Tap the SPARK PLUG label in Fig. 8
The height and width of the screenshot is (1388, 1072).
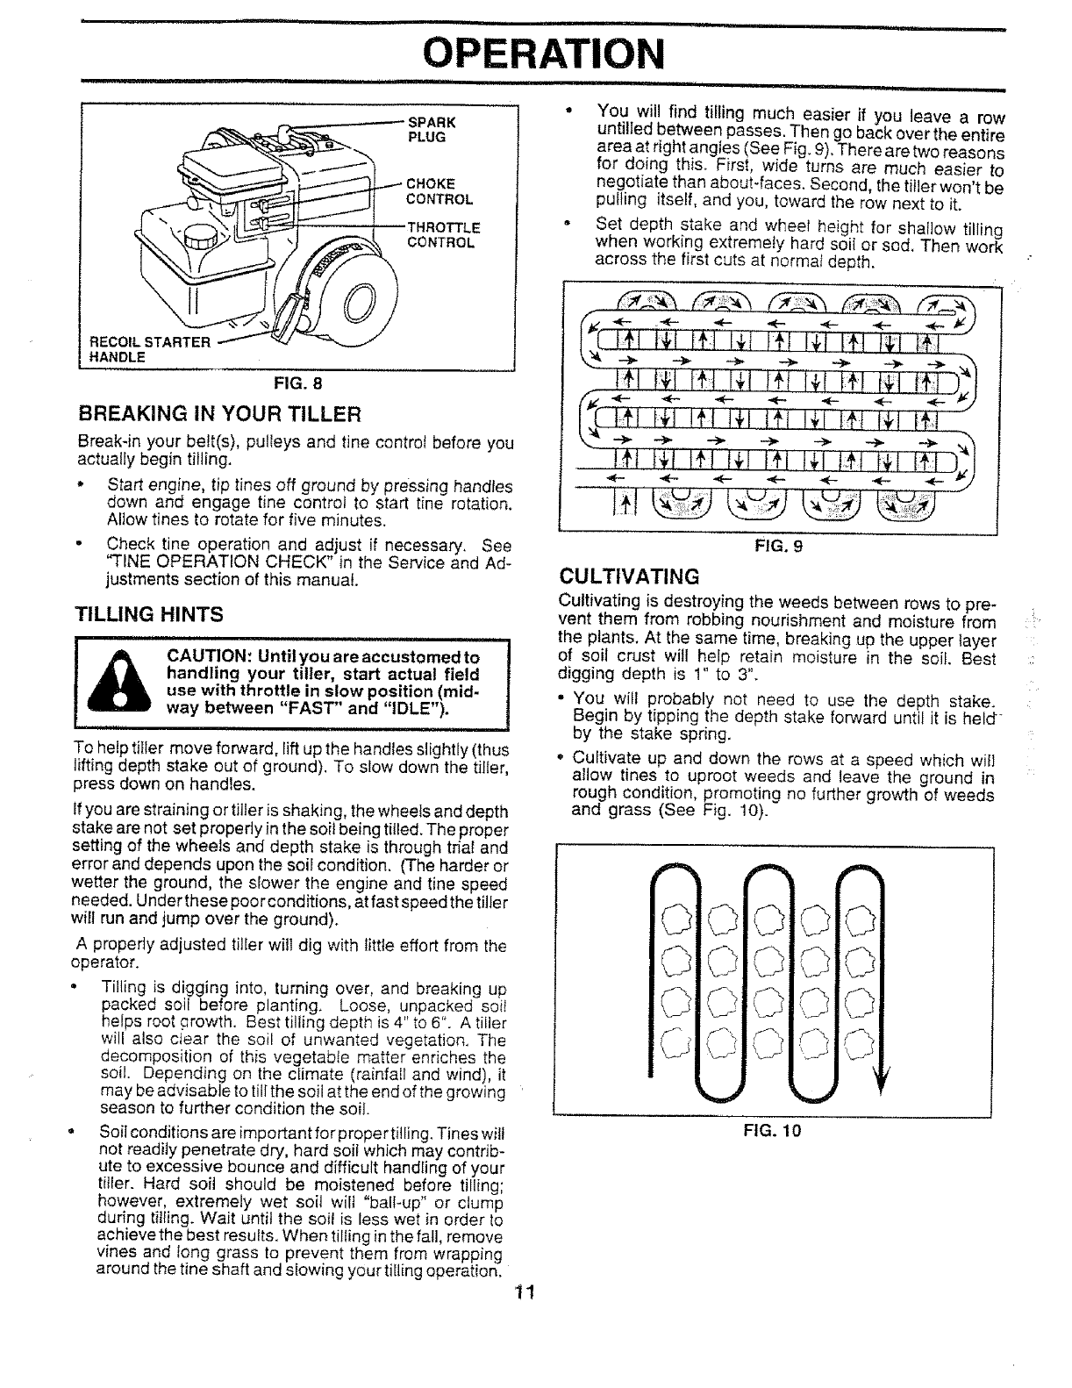pyautogui.click(x=429, y=130)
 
